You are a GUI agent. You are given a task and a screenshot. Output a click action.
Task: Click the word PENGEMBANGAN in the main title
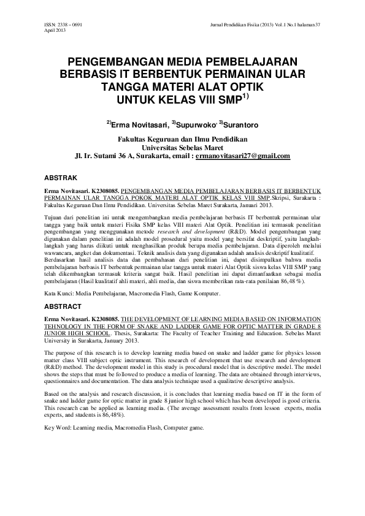(114, 63)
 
